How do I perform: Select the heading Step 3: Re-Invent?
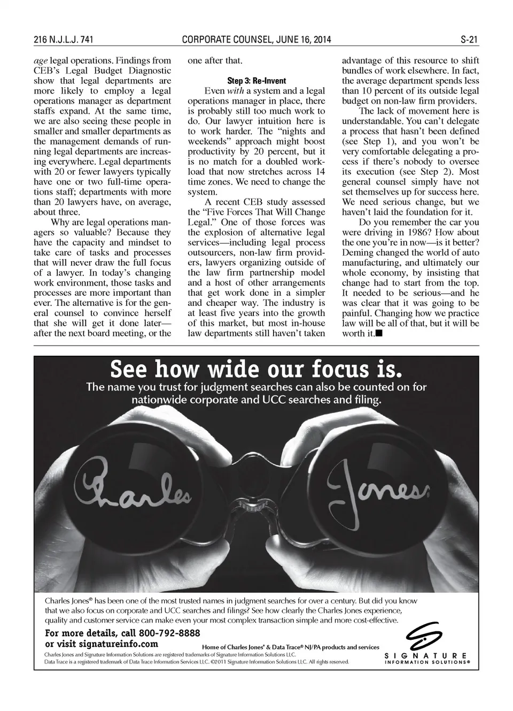pos(256,81)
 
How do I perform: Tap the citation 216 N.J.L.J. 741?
pos(64,40)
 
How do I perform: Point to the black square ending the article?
pos(379,333)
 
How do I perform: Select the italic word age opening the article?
pos(40,60)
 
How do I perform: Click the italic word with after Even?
pos(235,91)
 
